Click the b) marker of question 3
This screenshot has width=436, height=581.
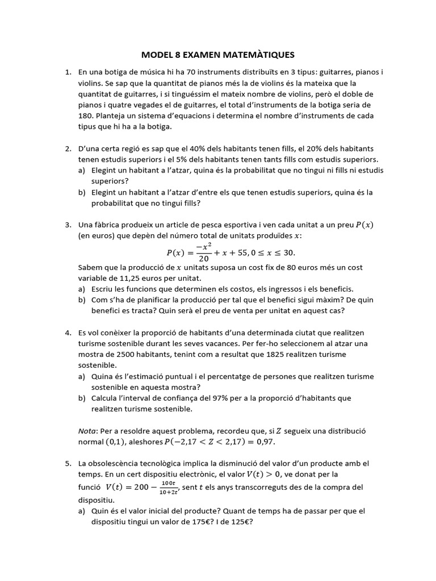pyautogui.click(x=82, y=300)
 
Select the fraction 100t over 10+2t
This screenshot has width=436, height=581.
pyautogui.click(x=168, y=486)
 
